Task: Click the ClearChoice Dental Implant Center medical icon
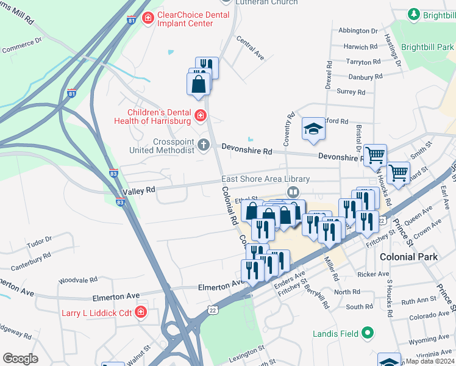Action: (147, 19)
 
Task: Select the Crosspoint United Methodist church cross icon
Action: (203, 145)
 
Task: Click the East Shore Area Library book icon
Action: (293, 192)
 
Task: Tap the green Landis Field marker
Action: (367, 333)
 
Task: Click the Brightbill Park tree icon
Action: (414, 13)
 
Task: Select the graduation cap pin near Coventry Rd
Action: (313, 129)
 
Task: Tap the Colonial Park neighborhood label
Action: (408, 257)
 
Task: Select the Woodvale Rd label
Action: (78, 280)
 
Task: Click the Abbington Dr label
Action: (358, 30)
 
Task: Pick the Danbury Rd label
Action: (365, 77)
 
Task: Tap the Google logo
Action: (20, 358)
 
